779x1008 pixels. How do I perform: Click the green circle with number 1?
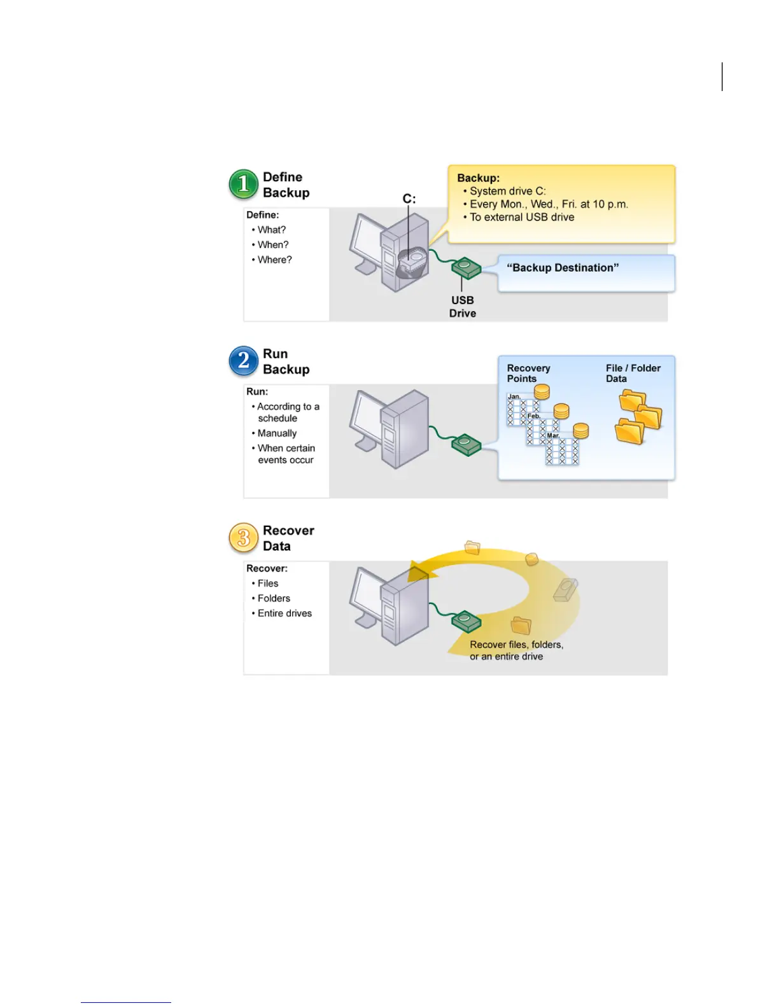(x=243, y=184)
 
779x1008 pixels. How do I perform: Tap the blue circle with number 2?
(x=243, y=361)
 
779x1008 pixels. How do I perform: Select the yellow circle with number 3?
(x=243, y=538)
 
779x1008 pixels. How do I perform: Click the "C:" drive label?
(x=409, y=199)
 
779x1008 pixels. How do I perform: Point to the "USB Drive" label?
(x=463, y=307)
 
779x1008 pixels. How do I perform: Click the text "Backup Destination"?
(x=563, y=268)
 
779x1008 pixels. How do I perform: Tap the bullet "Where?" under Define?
(x=274, y=260)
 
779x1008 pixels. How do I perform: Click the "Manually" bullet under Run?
(x=277, y=433)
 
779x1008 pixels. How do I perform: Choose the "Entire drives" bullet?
(x=284, y=613)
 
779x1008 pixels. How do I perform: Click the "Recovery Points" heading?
(x=528, y=373)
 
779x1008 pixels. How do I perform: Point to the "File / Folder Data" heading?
(x=633, y=373)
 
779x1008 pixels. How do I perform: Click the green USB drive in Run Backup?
(x=467, y=444)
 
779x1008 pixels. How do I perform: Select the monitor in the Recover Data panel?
(x=366, y=595)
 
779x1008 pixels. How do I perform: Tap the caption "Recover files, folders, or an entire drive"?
(x=516, y=650)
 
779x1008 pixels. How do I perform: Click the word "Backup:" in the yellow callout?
(x=479, y=178)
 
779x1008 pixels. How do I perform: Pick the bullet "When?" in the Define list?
(x=273, y=245)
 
